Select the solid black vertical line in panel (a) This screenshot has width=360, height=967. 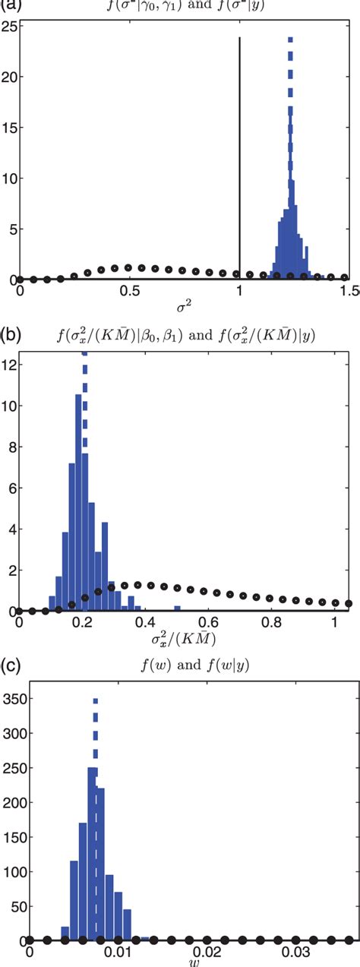click(240, 152)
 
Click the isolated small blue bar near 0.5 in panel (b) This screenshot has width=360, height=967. click(176, 608)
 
